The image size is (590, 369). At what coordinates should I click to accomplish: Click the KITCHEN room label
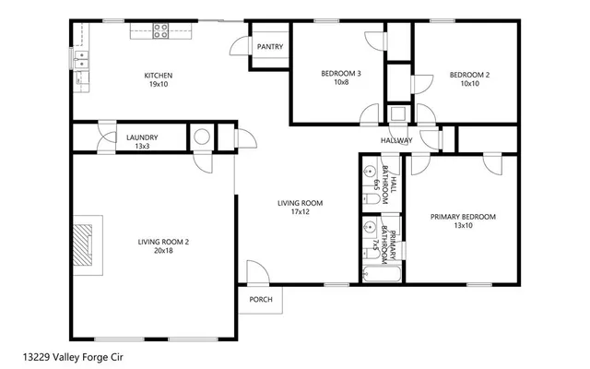point(158,76)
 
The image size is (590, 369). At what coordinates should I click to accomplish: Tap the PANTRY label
point(270,47)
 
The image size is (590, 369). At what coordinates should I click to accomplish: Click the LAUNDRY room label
point(142,137)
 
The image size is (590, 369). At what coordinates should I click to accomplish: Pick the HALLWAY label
point(396,140)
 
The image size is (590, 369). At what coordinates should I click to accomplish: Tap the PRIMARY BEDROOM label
point(463,217)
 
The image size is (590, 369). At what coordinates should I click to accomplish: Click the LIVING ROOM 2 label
point(163,242)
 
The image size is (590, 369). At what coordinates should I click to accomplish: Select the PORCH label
point(261,299)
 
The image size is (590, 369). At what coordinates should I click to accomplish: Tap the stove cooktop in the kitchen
point(160,30)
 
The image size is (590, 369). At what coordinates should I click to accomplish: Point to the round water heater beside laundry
point(201,137)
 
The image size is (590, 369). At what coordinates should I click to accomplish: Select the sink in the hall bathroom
point(369,173)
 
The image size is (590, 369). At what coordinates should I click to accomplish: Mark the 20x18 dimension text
point(163,250)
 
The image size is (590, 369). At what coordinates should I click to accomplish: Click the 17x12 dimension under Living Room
point(301,211)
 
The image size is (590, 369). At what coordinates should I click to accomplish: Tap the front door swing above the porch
point(256,272)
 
